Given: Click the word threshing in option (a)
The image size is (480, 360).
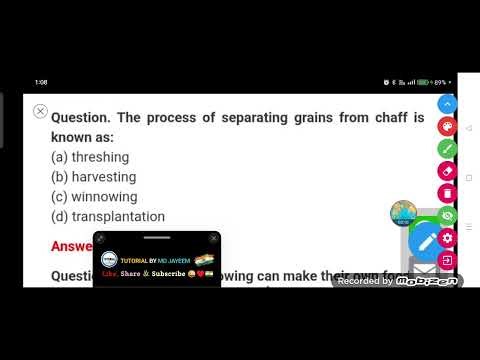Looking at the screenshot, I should point(100,157).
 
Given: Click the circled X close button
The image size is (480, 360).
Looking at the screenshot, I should point(40,111).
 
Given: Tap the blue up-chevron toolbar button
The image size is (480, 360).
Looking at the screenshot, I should point(447,104).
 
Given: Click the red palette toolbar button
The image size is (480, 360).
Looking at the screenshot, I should point(447,127).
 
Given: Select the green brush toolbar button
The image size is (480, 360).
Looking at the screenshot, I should point(447,149).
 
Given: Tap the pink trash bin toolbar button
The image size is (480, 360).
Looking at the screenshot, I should point(447,193).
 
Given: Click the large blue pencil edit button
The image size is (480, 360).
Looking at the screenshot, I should point(427,241).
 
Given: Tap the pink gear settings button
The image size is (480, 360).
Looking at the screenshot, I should point(447,238).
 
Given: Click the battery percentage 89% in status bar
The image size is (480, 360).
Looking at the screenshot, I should point(440,82).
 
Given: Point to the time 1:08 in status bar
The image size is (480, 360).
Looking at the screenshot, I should point(41,82).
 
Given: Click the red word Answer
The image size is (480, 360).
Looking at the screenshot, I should point(71,246).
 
